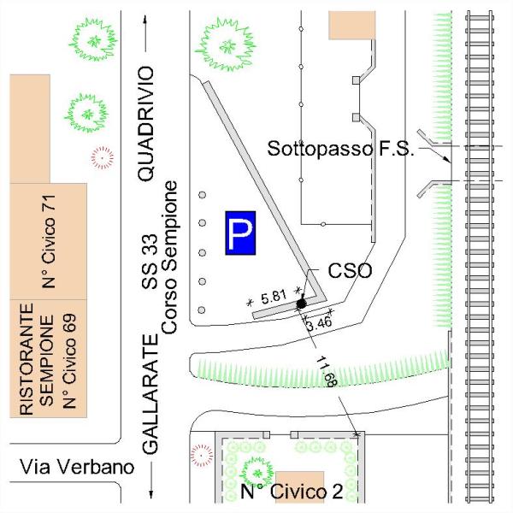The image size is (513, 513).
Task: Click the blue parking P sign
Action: point(240,233)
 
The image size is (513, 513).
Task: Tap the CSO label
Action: point(350,272)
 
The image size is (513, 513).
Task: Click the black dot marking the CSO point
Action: point(301,304)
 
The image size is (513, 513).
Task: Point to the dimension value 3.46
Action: point(318,323)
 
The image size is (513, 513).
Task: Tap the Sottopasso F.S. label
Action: point(341,149)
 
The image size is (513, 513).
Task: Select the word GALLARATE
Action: point(150,394)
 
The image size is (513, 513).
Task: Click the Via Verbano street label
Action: point(76,467)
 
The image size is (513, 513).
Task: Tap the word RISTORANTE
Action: point(26,360)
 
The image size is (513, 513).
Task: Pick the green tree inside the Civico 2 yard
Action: point(255,469)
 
